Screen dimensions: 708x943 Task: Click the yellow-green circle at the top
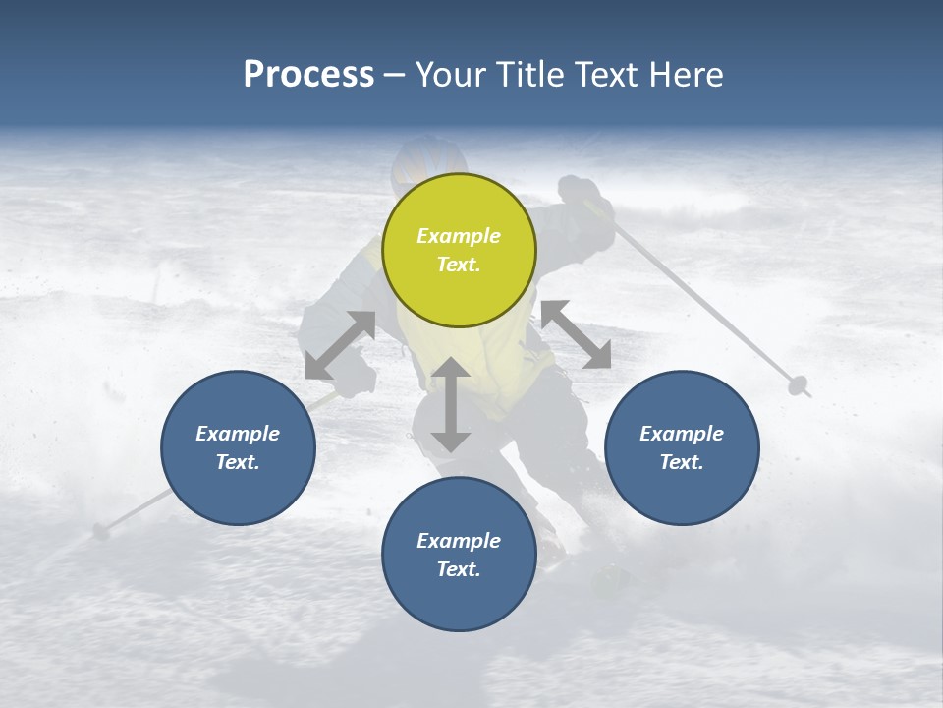[x=459, y=250]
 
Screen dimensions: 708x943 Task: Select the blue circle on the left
[x=238, y=447]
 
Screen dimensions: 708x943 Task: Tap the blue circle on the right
[x=682, y=447]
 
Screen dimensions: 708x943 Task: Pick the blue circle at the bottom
[x=459, y=555]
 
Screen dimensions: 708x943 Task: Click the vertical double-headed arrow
[x=451, y=404]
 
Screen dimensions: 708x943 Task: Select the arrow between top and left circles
[x=341, y=345]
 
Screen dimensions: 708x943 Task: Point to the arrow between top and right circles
[x=576, y=334]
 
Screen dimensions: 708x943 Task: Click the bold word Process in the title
[x=308, y=74]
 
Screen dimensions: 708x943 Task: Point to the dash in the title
[x=394, y=75]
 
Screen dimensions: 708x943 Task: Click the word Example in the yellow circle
[x=459, y=236]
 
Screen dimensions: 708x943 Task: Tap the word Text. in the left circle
[x=238, y=462]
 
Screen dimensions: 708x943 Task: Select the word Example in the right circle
[x=682, y=434]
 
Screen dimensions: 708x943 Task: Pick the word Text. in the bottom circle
[x=459, y=569]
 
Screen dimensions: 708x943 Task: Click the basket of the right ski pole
[x=799, y=385]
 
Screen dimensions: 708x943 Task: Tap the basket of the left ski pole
[x=100, y=532]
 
